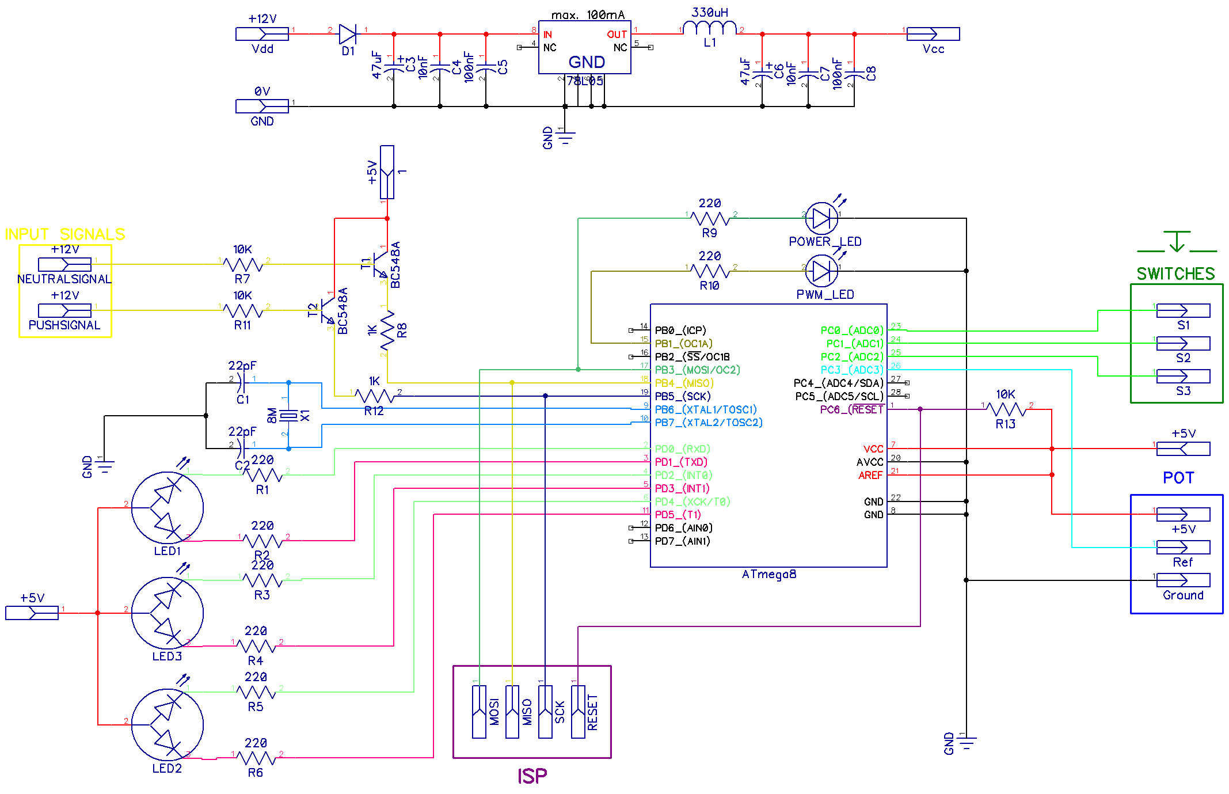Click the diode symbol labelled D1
pyautogui.click(x=348, y=34)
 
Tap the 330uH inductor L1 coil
pyautogui.click(x=711, y=29)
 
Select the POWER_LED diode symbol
pyautogui.click(x=821, y=218)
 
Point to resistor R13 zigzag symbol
pyautogui.click(x=1006, y=409)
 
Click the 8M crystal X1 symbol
pyautogui.click(x=289, y=416)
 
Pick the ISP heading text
pyautogui.click(x=532, y=776)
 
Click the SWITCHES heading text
pyautogui.click(x=1175, y=273)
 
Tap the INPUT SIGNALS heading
pyautogui.click(x=65, y=234)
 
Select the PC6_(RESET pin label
pyautogui.click(x=851, y=409)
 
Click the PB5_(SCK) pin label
pyautogui.click(x=683, y=396)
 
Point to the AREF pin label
pyautogui.click(x=870, y=475)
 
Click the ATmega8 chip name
pyautogui.click(x=768, y=574)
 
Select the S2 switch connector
pyautogui.click(x=1183, y=344)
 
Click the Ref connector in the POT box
pyautogui.click(x=1183, y=547)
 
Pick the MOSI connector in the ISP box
pyautogui.click(x=479, y=712)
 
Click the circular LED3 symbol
pyautogui.click(x=167, y=613)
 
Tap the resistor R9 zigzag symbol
pyautogui.click(x=710, y=219)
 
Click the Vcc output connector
pyautogui.click(x=933, y=34)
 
